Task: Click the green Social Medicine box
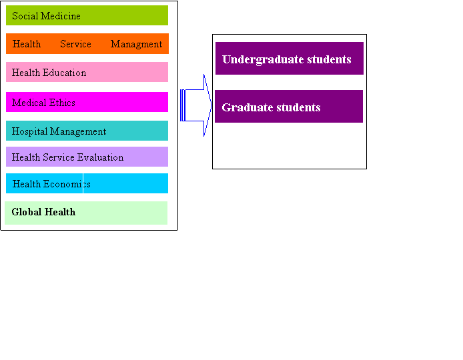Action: (x=87, y=15)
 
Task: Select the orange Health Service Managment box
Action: (x=87, y=44)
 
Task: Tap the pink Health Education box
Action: (x=87, y=72)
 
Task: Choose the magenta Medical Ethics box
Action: (x=87, y=103)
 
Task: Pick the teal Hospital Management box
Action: (x=87, y=131)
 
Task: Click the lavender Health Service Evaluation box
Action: (x=87, y=157)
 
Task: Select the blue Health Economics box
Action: (x=87, y=184)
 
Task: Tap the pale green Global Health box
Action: (x=86, y=213)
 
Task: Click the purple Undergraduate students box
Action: (x=290, y=59)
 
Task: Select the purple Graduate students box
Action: (x=288, y=107)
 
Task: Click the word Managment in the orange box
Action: (x=136, y=44)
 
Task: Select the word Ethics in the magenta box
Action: (x=62, y=103)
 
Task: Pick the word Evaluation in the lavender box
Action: (x=101, y=157)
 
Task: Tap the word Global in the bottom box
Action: (x=27, y=212)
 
